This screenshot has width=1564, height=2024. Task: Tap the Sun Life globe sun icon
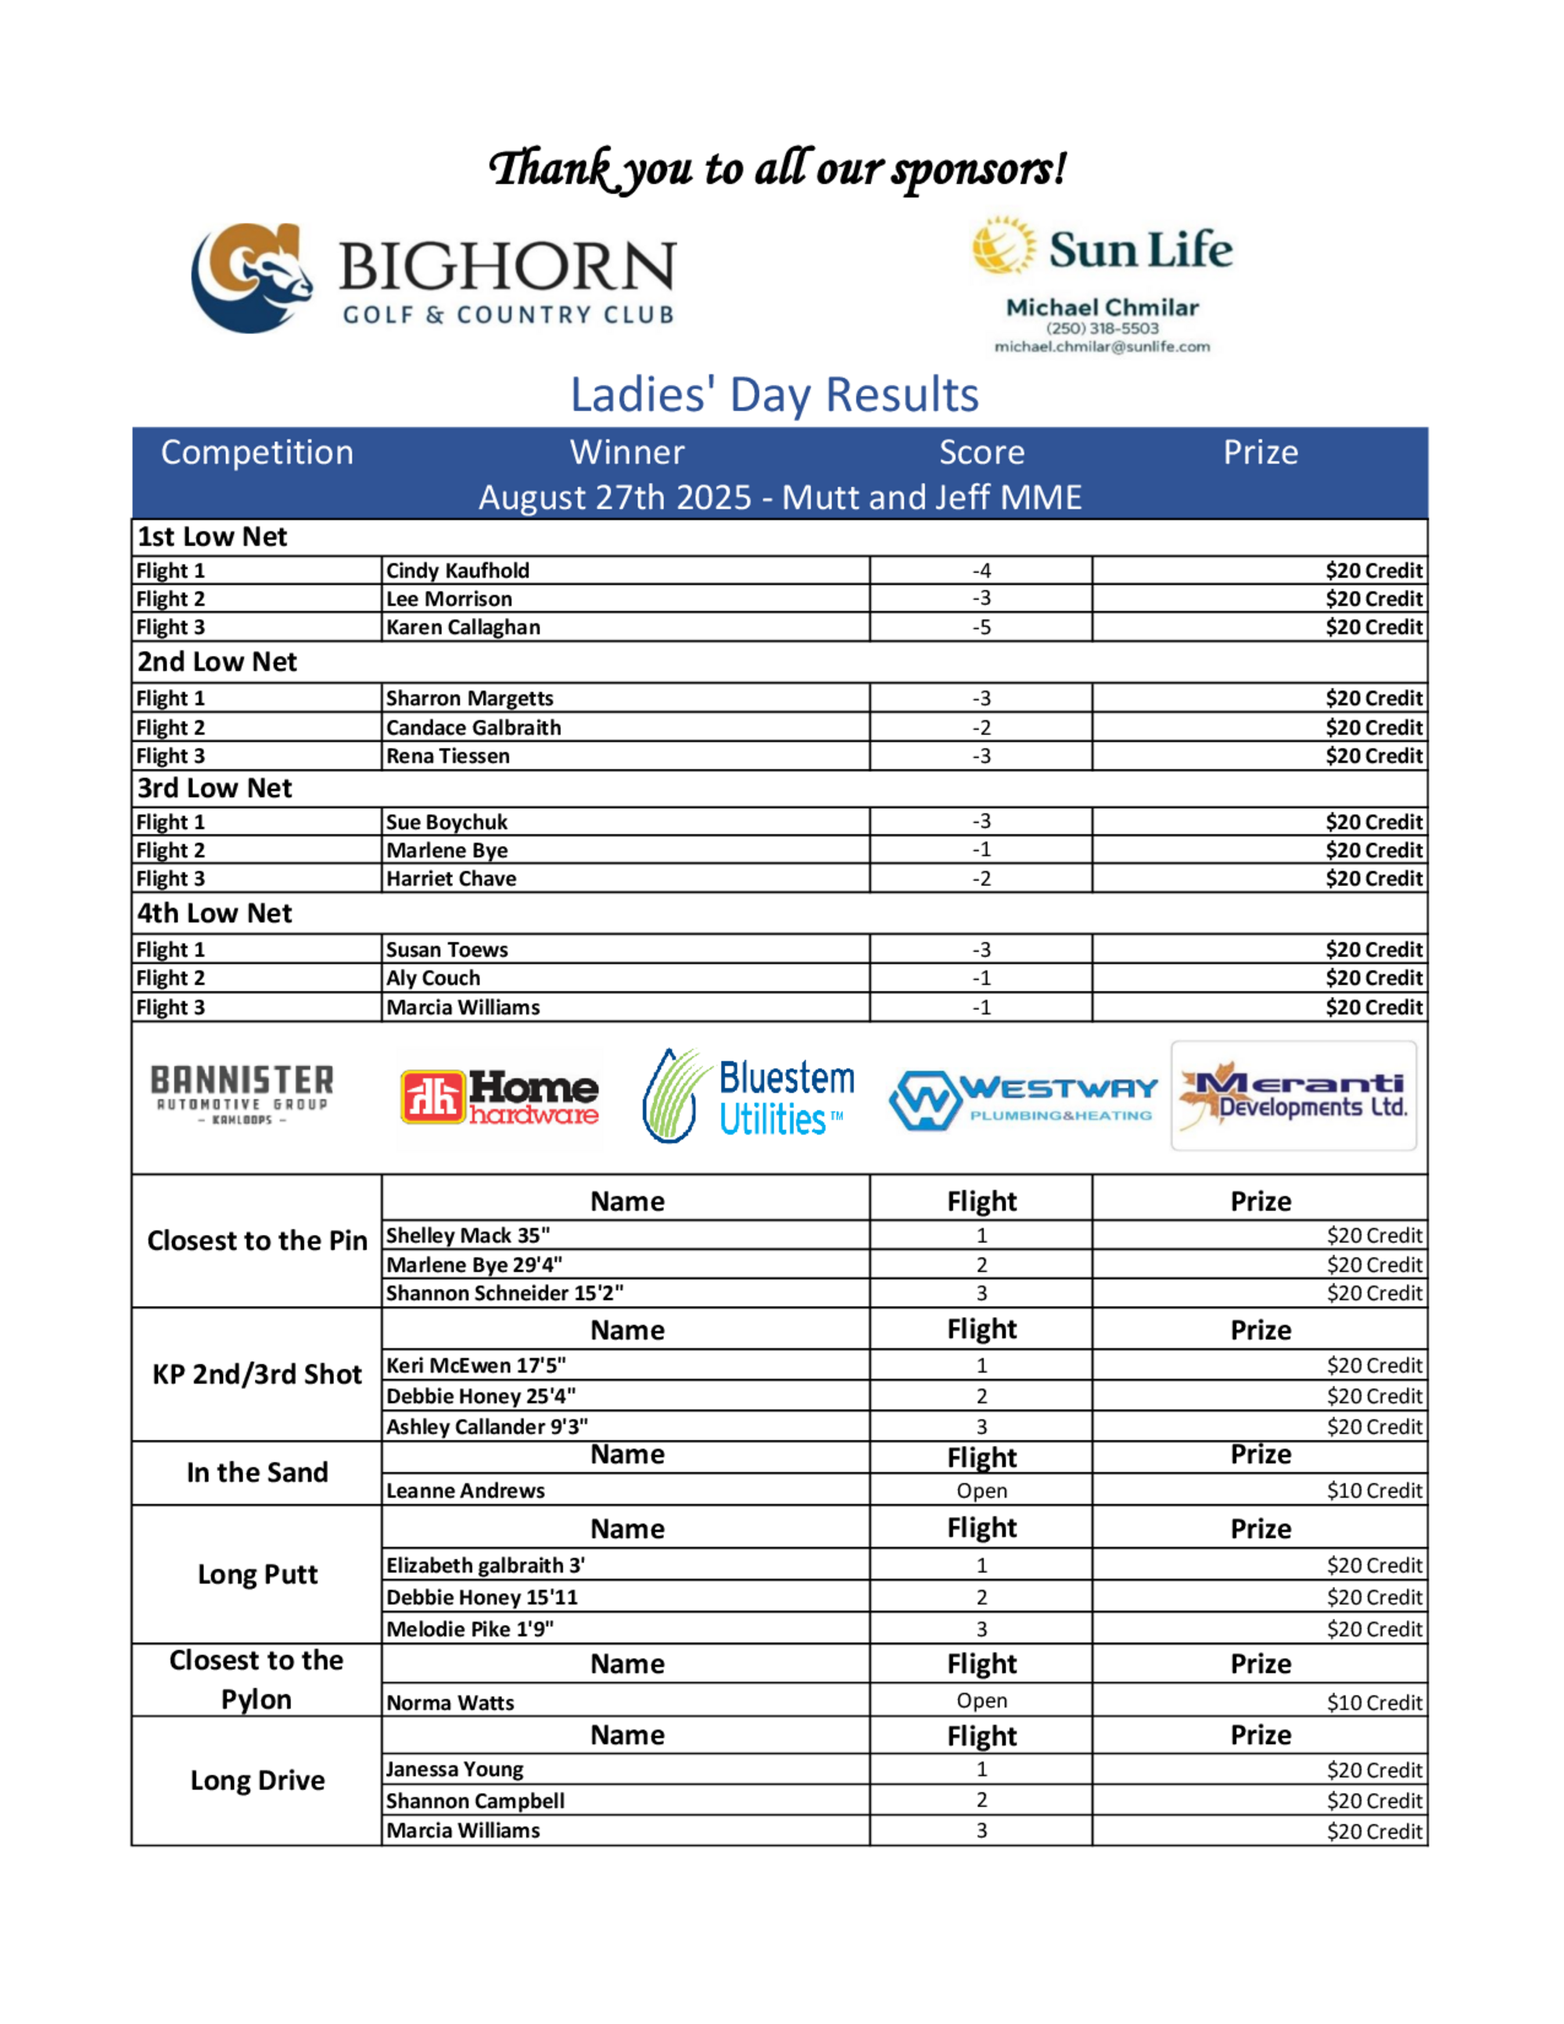[x=1003, y=246]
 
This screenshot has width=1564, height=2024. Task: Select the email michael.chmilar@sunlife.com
[x=1102, y=346]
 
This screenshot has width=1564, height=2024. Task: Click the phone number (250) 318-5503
[x=1102, y=328]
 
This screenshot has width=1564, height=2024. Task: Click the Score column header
[x=981, y=452]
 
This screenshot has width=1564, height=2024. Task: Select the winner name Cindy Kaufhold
[x=457, y=571]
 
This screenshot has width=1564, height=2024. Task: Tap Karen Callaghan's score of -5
[x=981, y=627]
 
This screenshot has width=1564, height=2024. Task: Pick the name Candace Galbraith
[x=473, y=727]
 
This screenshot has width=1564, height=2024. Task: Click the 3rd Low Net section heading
[x=215, y=788]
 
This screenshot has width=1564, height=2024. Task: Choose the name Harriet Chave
[x=451, y=878]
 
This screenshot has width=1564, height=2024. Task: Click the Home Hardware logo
[x=500, y=1097]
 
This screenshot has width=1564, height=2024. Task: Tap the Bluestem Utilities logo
[x=748, y=1097]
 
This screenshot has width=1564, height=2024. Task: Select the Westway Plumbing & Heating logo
[x=1023, y=1099]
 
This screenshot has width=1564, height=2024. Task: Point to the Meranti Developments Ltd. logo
[x=1293, y=1096]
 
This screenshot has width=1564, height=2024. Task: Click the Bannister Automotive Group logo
[x=242, y=1094]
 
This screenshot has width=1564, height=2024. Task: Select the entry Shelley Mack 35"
[x=468, y=1236]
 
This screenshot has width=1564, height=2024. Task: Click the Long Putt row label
[x=257, y=1574]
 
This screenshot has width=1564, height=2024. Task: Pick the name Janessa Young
[x=455, y=1769]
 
